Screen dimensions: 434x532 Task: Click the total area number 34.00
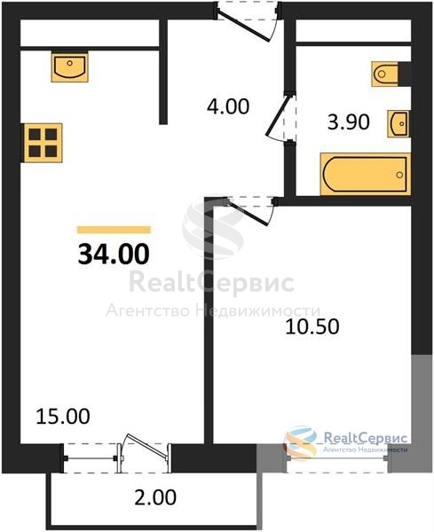tap(114, 254)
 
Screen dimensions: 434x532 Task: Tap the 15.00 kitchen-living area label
tap(63, 417)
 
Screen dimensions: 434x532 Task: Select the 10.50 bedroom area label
tap(312, 326)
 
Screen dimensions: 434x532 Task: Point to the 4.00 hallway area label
tap(228, 106)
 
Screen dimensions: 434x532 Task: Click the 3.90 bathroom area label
tap(349, 122)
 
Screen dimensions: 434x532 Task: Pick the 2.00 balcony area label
tap(155, 497)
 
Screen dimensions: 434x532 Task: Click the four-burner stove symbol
tap(42, 143)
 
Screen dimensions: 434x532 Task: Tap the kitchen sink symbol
tap(70, 66)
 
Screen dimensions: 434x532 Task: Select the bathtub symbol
tap(366, 175)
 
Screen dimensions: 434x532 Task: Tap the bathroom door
tap(280, 117)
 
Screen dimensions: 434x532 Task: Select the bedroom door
tap(249, 212)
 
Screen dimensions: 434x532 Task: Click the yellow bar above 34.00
tap(114, 230)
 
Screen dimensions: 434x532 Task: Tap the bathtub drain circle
tap(399, 175)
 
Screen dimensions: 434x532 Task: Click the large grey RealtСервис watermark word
tap(211, 283)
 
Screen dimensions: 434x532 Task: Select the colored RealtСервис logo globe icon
tap(301, 442)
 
